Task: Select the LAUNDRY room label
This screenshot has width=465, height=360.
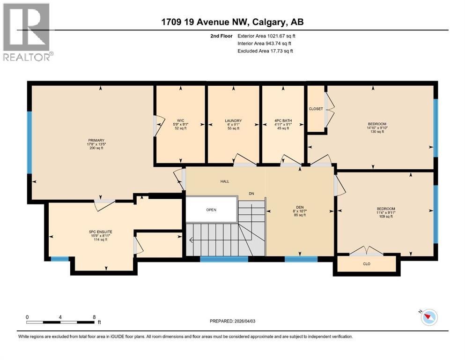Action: coord(233,120)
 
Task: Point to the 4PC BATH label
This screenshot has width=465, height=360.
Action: coord(282,120)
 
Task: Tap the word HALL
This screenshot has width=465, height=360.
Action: coord(224,181)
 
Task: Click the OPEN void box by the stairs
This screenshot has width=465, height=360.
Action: coord(211,210)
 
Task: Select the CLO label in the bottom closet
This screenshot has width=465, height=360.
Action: coord(367,264)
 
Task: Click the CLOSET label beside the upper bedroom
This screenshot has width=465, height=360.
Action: coord(316,109)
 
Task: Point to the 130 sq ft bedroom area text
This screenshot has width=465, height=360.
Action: coord(376,132)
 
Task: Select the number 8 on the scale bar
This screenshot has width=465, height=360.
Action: coord(94,317)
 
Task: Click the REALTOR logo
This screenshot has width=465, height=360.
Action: coord(27,31)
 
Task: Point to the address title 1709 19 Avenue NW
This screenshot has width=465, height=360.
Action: coord(232,22)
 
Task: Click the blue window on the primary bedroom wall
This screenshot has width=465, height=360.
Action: coord(30,142)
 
